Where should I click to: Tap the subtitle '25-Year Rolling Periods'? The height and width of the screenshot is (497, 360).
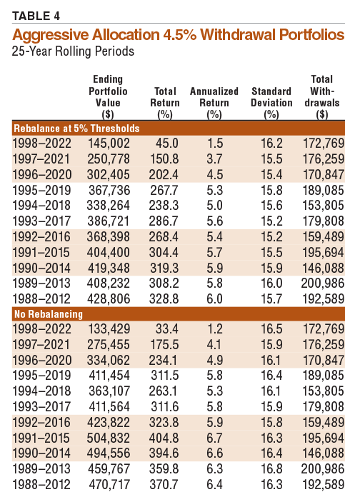73,51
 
